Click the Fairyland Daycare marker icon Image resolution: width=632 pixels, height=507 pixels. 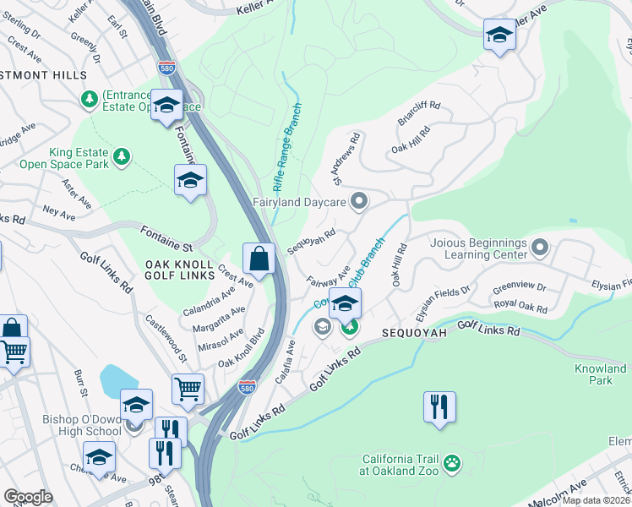[359, 201]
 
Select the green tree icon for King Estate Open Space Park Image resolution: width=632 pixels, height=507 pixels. [123, 156]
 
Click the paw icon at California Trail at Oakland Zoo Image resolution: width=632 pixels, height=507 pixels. [453, 463]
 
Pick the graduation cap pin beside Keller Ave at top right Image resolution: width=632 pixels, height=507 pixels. [499, 35]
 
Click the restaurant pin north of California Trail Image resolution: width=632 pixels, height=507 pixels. [439, 406]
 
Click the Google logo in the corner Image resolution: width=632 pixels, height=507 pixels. [28, 497]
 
